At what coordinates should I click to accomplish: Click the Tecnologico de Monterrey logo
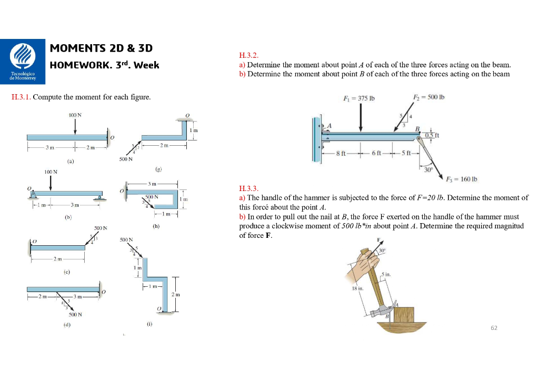(23, 61)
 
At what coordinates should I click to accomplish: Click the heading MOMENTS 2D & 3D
(101, 48)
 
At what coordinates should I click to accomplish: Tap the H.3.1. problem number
(21, 97)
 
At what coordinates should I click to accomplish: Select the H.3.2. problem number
(248, 56)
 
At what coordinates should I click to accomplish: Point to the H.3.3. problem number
(248, 188)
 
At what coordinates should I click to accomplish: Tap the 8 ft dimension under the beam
(342, 153)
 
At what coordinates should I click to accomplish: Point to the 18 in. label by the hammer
(357, 289)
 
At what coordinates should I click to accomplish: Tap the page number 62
(493, 328)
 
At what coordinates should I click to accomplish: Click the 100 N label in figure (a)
(75, 114)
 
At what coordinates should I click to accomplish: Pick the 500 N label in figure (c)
(101, 228)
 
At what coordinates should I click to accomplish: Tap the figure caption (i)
(149, 325)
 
